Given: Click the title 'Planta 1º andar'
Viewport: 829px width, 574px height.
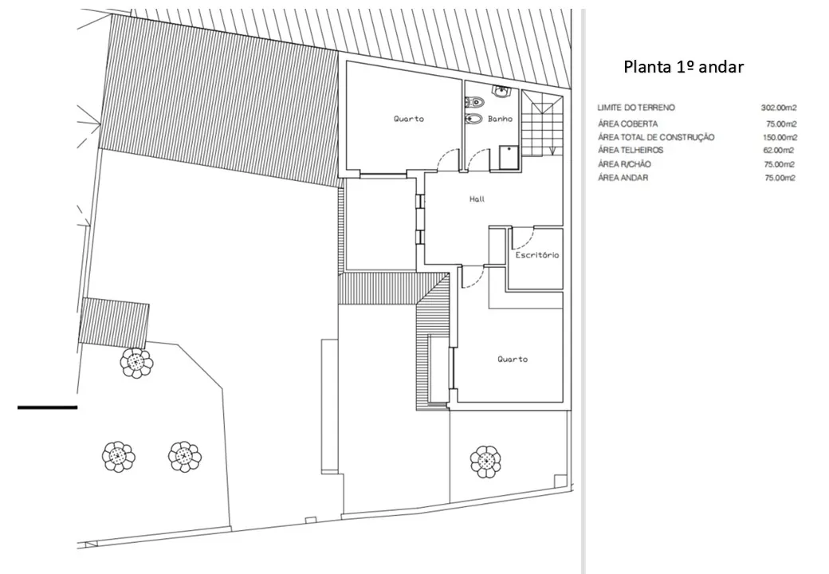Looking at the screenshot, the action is tap(684, 67).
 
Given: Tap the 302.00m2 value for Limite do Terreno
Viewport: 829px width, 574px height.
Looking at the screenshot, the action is tap(779, 108).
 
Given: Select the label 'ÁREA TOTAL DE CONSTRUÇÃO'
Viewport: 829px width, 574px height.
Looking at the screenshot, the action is tap(656, 137).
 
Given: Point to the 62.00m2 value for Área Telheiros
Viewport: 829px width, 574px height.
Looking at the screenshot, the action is tap(778, 150).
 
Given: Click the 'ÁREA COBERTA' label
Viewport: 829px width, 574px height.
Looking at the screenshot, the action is tap(628, 124).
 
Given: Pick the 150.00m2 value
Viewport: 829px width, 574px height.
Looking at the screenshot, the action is tap(780, 137).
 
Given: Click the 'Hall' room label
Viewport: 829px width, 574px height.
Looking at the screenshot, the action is tap(477, 199).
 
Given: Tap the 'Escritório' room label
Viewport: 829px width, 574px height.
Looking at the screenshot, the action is tap(537, 255).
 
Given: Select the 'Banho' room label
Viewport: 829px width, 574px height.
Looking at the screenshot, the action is tap(500, 119).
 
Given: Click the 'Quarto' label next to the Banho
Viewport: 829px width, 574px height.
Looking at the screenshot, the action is tap(409, 119).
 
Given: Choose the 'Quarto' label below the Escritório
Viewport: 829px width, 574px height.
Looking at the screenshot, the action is tap(513, 360).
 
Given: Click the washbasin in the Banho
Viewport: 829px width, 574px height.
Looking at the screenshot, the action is tap(501, 92).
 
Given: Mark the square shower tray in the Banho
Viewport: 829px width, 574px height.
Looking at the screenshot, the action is tap(509, 158).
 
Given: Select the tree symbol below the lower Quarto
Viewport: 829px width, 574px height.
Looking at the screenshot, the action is tap(485, 462).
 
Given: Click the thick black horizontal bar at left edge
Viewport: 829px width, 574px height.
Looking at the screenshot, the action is tap(48, 407).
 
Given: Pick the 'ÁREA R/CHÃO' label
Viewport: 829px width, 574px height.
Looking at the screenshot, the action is tap(624, 164).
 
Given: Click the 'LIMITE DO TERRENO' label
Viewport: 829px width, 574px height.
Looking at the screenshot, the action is tap(636, 108).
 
